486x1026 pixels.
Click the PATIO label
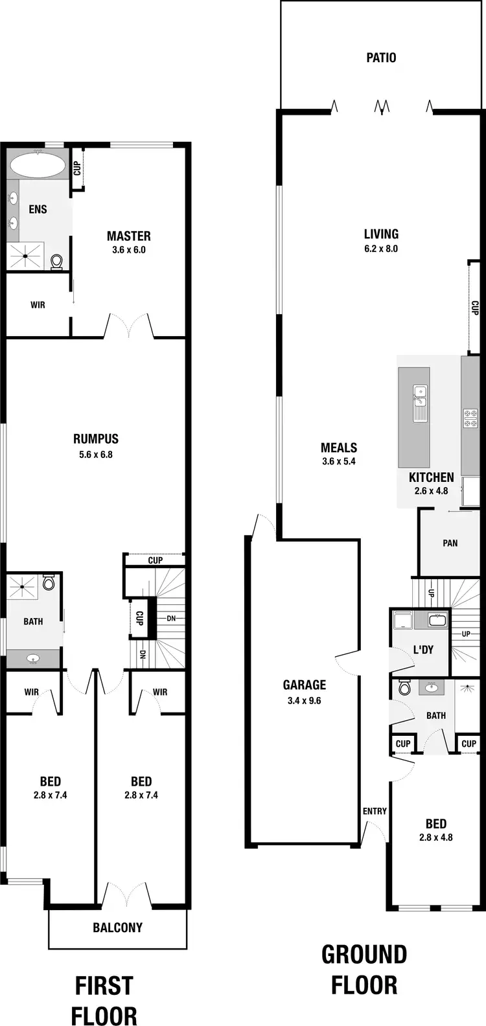coord(381,58)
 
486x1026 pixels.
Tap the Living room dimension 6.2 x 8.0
coord(381,249)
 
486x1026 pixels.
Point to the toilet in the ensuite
coord(57,261)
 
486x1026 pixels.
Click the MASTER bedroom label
coord(128,236)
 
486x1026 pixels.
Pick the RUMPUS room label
coord(96,439)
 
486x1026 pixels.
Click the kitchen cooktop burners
coord(470,418)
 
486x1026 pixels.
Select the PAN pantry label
coord(450,543)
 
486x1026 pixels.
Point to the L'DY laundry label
coord(422,650)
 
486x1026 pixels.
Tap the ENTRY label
coord(375,811)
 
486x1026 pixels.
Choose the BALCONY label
coord(117,928)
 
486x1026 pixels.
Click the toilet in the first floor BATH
coord(49,582)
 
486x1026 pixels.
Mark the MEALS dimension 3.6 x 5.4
coord(339,462)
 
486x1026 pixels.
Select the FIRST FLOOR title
coord(104,1000)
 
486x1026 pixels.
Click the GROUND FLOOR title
coord(364,970)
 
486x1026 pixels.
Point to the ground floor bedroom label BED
coord(436,824)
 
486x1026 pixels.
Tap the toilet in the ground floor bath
coord(404,688)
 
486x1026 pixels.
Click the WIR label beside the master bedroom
coord(38,304)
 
